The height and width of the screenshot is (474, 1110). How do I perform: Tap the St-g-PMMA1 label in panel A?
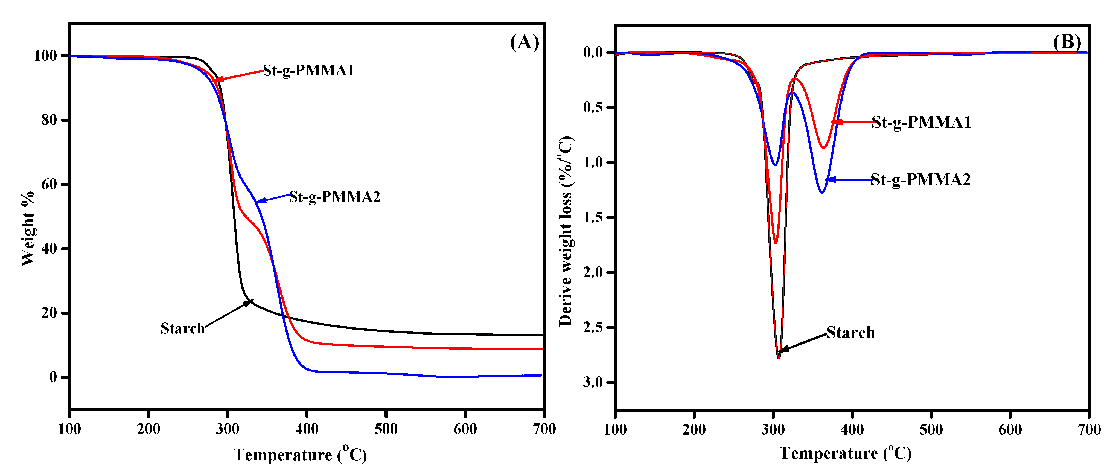tap(308, 70)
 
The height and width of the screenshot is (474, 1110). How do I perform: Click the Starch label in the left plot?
tap(182, 328)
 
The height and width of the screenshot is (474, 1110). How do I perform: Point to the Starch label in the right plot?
tap(850, 333)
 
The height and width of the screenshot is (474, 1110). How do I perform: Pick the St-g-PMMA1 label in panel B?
tap(921, 122)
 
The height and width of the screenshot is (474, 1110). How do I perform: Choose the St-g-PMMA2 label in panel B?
tap(920, 179)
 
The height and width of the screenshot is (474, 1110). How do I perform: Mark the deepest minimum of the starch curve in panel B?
tap(779, 358)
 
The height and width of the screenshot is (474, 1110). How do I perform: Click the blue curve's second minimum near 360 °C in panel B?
tap(822, 192)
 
